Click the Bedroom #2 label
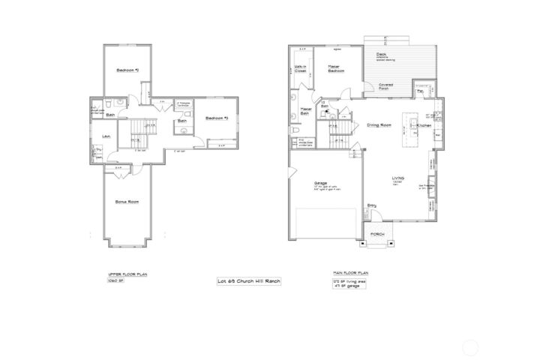click(x=125, y=70)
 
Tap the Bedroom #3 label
click(x=217, y=118)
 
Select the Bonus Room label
click(x=127, y=202)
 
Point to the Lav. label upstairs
click(x=107, y=136)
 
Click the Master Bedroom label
click(x=336, y=69)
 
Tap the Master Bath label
click(x=305, y=112)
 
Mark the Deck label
click(x=382, y=55)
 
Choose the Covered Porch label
click(x=387, y=86)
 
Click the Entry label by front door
click(x=371, y=206)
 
